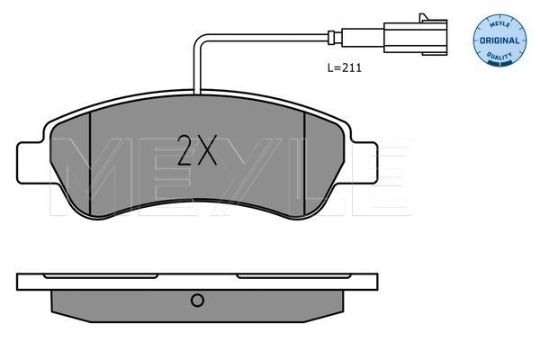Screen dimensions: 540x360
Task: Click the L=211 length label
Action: coord(344,67)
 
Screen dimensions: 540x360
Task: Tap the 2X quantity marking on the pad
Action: coord(196,150)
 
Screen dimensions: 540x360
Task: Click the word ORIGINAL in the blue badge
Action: coord(499,40)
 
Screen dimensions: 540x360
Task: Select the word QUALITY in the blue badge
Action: coord(499,56)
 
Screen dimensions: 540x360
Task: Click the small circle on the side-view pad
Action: coord(197,300)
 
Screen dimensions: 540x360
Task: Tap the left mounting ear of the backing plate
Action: coord(31,163)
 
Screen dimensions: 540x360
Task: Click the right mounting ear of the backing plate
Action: coord(364,163)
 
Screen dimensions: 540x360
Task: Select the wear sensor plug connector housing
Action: coord(415,37)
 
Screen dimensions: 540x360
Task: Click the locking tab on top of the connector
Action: coord(423,17)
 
